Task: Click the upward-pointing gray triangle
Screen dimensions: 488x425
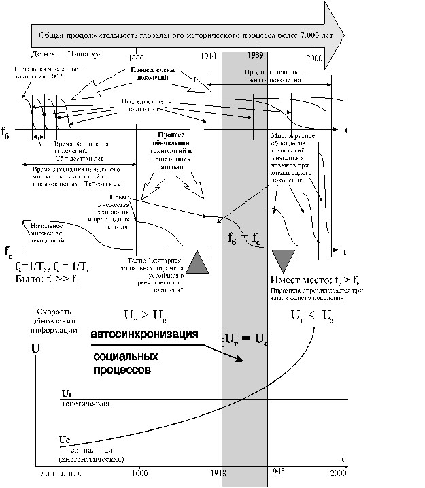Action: coord(198,263)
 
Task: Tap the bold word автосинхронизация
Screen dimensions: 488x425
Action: coord(143,335)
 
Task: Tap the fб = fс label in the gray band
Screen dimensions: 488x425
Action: coord(243,238)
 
